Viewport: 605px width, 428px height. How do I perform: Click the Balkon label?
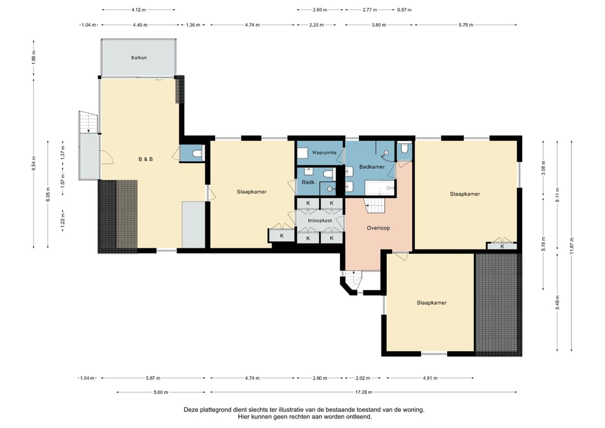click(x=139, y=58)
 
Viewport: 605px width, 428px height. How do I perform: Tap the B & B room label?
click(x=146, y=159)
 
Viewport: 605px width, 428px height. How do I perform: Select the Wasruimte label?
click(x=324, y=153)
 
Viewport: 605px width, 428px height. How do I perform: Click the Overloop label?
click(x=378, y=228)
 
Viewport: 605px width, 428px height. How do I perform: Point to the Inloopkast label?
click(x=320, y=220)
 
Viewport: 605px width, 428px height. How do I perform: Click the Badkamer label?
click(x=372, y=167)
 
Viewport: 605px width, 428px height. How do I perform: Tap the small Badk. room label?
click(x=309, y=182)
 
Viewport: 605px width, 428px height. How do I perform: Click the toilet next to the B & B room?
click(x=197, y=153)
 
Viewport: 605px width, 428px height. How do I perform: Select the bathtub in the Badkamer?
click(x=380, y=188)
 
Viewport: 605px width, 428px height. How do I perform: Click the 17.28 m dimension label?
click(x=364, y=392)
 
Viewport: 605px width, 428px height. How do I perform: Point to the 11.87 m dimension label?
click(x=572, y=246)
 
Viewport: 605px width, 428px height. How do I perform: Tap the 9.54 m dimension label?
click(x=34, y=163)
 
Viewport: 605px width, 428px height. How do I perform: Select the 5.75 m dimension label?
click(x=466, y=25)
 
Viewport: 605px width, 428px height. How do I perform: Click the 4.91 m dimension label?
click(x=430, y=378)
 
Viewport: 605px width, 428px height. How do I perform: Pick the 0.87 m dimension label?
click(x=404, y=10)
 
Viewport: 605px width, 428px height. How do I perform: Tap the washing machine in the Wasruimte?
click(x=302, y=153)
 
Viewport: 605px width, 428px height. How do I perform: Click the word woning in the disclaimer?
click(x=413, y=410)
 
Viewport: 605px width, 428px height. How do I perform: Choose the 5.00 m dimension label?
click(x=161, y=392)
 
